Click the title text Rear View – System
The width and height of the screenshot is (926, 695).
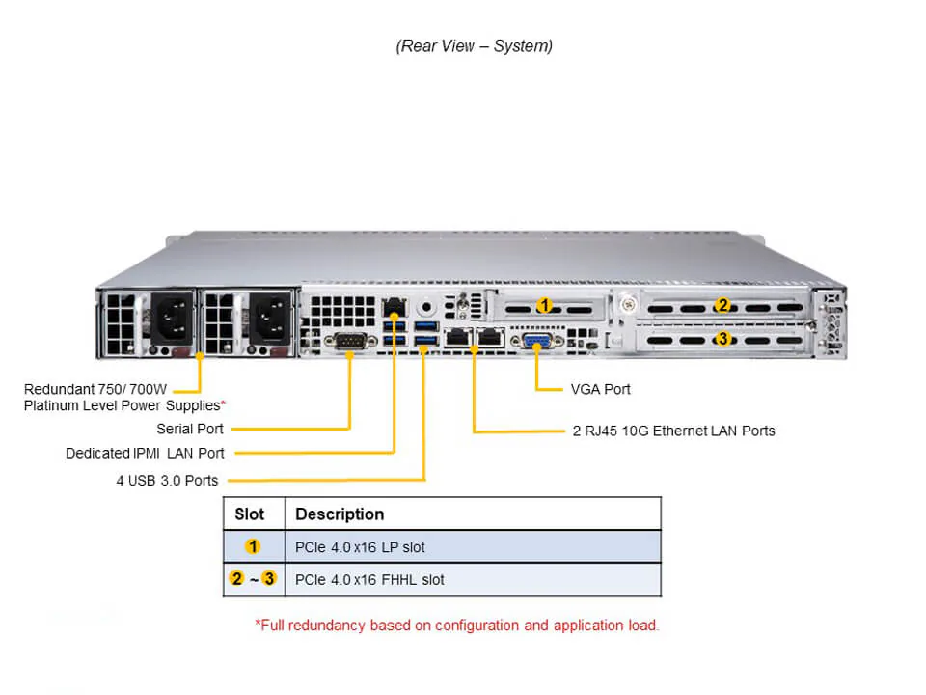tap(474, 45)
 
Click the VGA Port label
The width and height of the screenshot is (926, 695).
tap(600, 389)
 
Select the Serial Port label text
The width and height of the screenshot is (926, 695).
tap(190, 429)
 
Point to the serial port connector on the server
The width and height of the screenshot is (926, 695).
tap(348, 341)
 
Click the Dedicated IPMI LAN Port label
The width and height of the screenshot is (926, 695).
tap(145, 453)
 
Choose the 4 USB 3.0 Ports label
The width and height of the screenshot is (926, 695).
tap(167, 480)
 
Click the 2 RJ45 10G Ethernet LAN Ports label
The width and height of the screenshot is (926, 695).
tap(673, 431)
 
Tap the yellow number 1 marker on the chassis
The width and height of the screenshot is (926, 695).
tap(544, 306)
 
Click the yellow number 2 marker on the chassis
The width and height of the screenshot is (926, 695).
tap(722, 306)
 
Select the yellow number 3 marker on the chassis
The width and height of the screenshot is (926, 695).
tap(722, 339)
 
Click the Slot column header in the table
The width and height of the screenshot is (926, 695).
tap(250, 514)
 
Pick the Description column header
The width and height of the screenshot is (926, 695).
tap(340, 514)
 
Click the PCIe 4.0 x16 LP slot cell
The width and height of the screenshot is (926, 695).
tap(360, 547)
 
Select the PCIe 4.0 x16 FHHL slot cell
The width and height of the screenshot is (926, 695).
tap(369, 580)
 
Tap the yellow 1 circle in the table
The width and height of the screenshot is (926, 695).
tap(253, 547)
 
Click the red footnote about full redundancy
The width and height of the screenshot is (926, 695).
tap(457, 625)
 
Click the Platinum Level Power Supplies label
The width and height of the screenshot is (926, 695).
tap(123, 405)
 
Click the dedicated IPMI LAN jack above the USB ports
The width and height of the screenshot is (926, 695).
tap(394, 309)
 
